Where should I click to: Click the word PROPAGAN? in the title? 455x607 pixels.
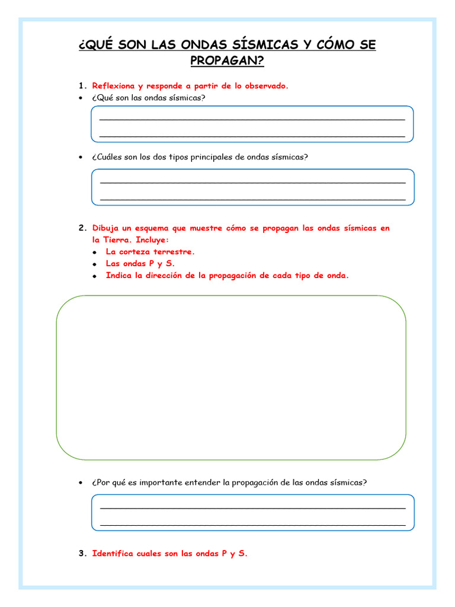click(x=227, y=60)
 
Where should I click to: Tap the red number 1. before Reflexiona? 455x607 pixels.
click(x=83, y=86)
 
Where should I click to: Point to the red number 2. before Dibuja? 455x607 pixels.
click(x=83, y=228)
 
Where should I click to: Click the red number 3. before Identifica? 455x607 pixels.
click(x=83, y=554)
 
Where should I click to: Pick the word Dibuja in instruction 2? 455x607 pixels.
click(x=106, y=228)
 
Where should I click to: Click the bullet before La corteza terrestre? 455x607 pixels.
click(x=95, y=253)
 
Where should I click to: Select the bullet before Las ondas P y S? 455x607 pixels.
click(x=95, y=264)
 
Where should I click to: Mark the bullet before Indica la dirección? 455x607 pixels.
click(x=95, y=276)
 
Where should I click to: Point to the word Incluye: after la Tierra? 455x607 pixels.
click(x=152, y=240)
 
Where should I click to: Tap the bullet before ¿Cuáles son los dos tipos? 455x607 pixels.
click(x=81, y=158)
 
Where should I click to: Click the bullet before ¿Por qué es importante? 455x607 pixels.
click(x=81, y=483)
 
